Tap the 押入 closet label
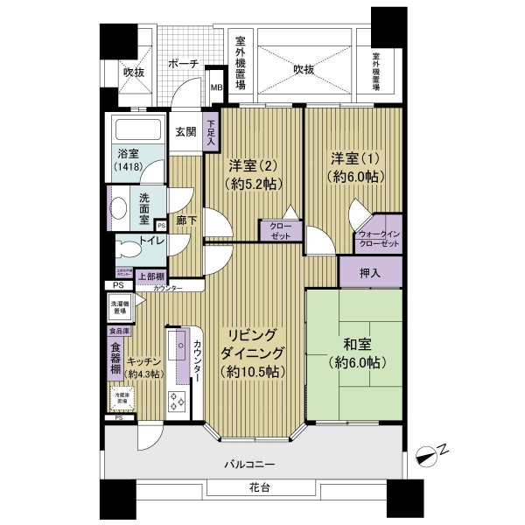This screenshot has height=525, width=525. click(370, 273)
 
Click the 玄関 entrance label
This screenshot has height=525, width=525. click(185, 132)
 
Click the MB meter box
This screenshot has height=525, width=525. click(216, 88)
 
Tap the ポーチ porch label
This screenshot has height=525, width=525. click(183, 64)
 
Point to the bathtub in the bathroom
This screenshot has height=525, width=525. click(135, 132)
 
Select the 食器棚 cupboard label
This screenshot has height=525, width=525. click(115, 359)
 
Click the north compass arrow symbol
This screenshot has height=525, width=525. click(429, 453)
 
